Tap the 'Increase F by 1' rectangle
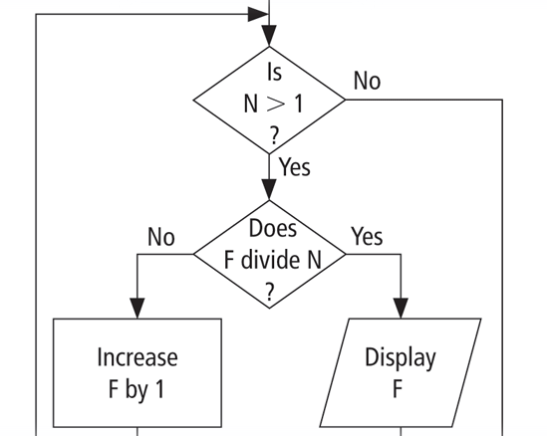[x=137, y=373]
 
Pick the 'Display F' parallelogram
[x=400, y=373]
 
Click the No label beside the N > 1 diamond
[x=367, y=82]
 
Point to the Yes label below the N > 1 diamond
[x=294, y=167]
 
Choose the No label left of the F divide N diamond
[x=160, y=237]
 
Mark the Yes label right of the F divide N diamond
[x=367, y=237]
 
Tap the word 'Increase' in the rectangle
[x=137, y=357]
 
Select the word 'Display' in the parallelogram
[x=400, y=357]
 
